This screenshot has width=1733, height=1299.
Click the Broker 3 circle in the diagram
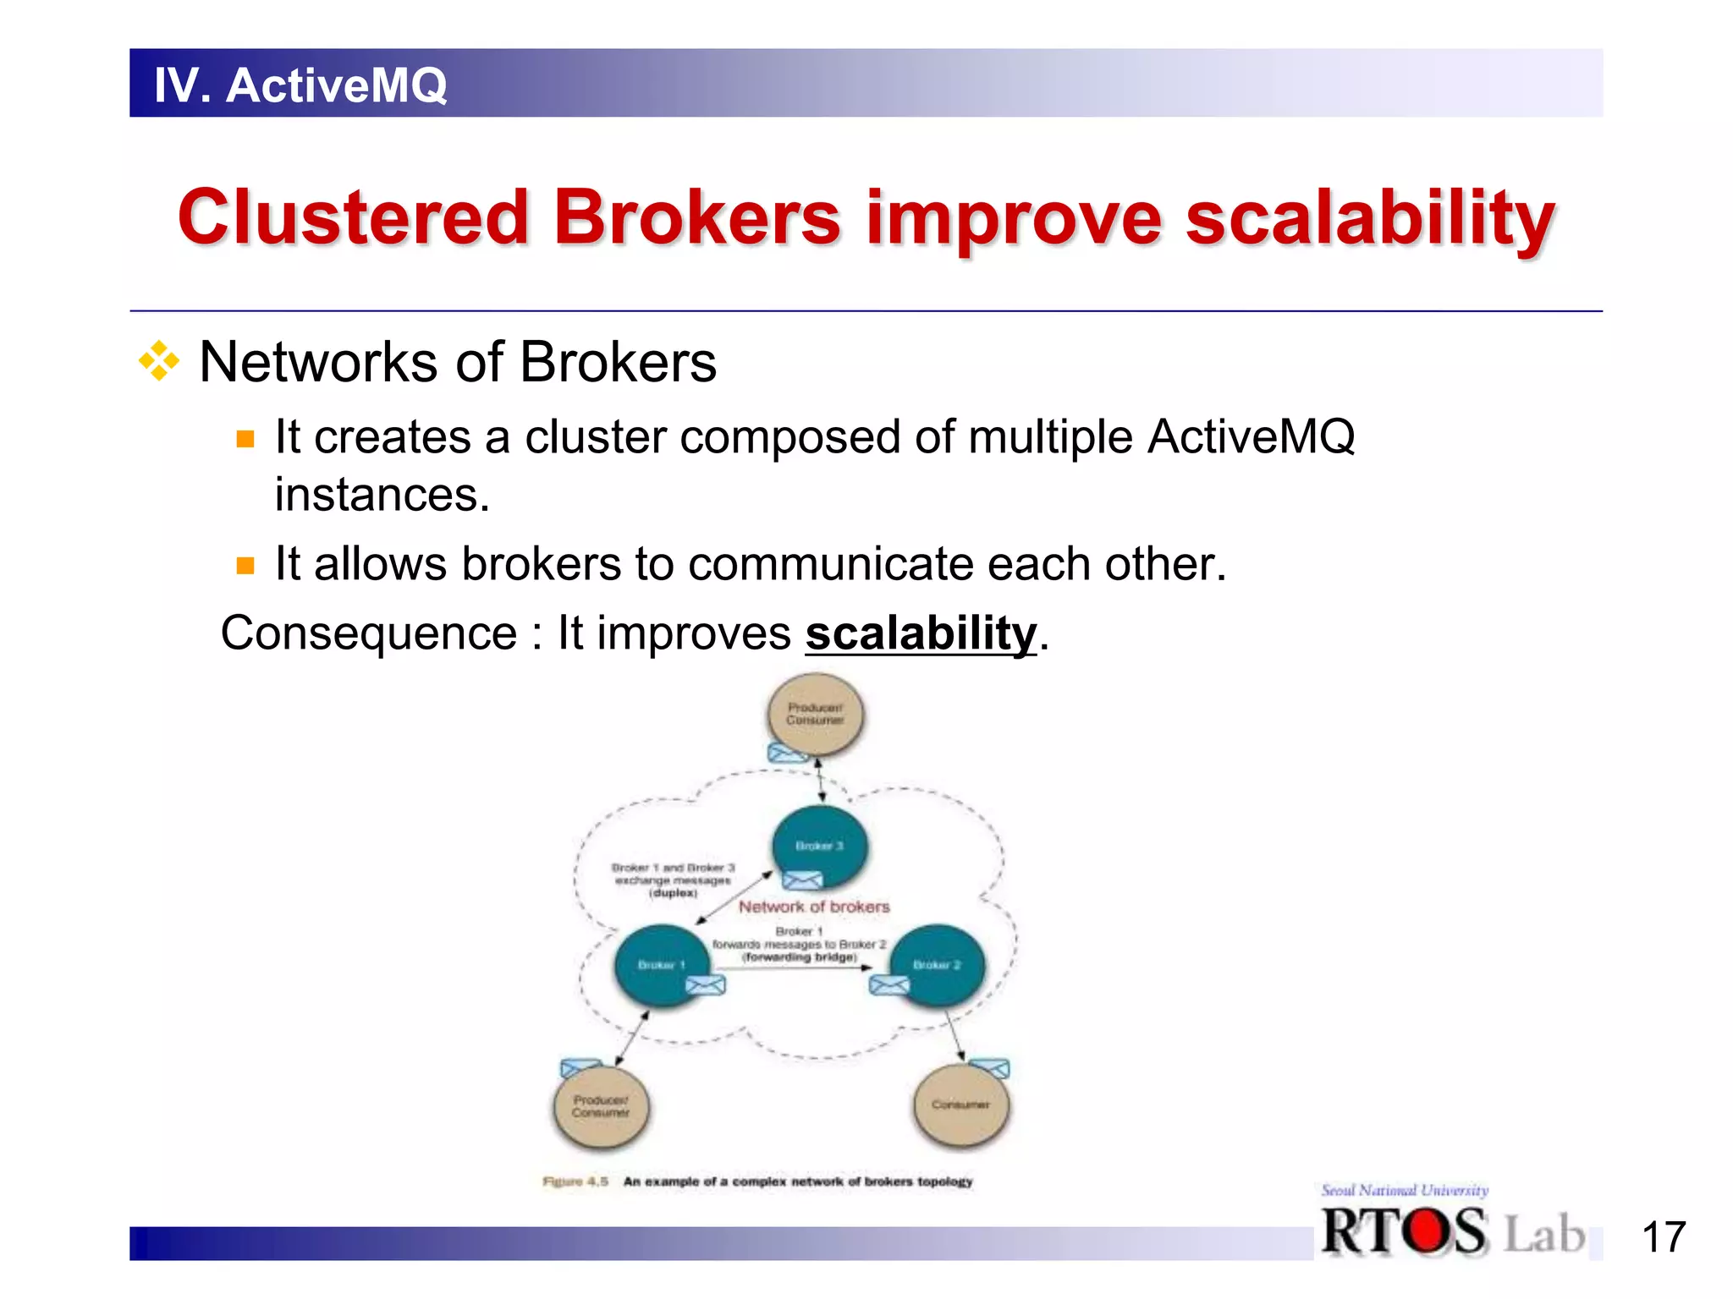pos(819,846)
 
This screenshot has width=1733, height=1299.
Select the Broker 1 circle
pos(662,964)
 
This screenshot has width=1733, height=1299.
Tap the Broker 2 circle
pos(938,964)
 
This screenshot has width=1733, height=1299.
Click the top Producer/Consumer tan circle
pos(815,715)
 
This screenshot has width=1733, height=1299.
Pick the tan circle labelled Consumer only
pos(961,1104)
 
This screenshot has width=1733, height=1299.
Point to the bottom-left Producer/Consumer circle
pos(601,1106)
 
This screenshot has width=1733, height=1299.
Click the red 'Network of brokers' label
pos(814,907)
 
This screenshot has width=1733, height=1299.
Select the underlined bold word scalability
pos(921,633)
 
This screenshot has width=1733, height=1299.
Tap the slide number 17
pos(1663,1237)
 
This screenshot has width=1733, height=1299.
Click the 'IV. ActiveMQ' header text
pos(300,85)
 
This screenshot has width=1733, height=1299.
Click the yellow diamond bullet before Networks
pos(159,362)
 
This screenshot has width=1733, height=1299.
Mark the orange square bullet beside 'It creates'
pos(245,439)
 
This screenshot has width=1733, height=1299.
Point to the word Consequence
pos(368,633)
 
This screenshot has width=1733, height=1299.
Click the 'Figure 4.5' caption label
pos(575,1181)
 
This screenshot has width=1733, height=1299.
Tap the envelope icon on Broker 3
pos(801,880)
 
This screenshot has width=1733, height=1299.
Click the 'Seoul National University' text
pos(1405,1190)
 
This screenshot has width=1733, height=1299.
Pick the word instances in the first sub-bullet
pos(382,495)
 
